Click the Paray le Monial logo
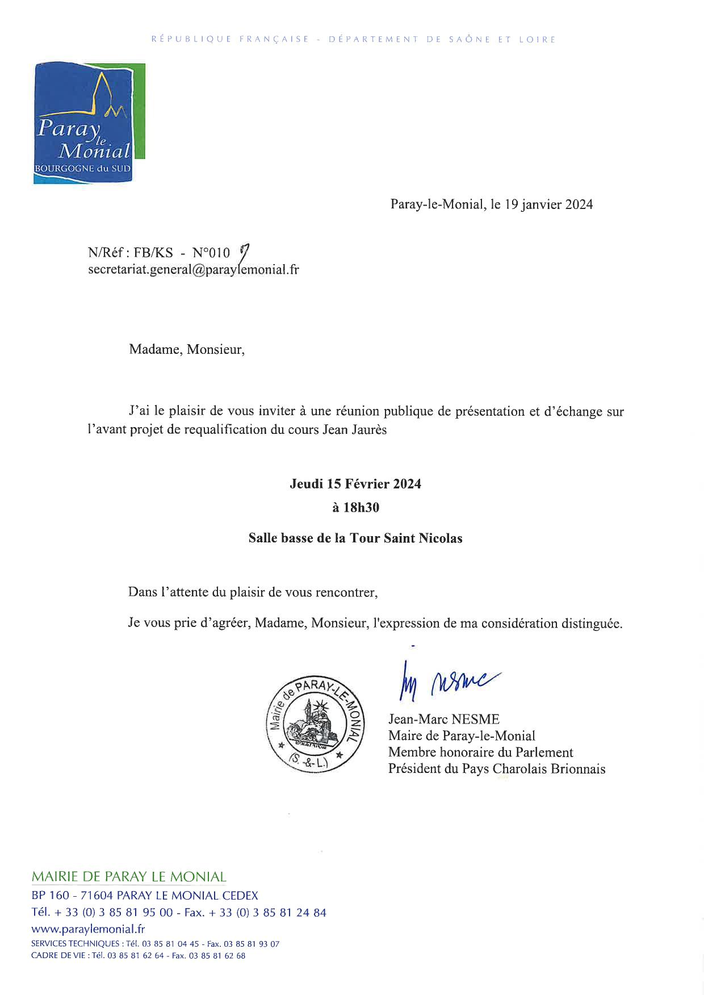click(x=89, y=123)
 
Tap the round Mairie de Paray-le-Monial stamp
click(x=316, y=725)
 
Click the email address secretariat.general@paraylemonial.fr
click(x=193, y=270)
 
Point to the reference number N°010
click(x=211, y=253)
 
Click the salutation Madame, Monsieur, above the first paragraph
click(x=187, y=349)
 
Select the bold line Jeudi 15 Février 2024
click(x=355, y=484)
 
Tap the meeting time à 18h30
click(x=355, y=508)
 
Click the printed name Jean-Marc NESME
click(x=443, y=720)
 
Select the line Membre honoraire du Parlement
click(x=480, y=752)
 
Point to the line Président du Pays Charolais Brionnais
click(x=497, y=769)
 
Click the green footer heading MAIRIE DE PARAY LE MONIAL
click(x=129, y=876)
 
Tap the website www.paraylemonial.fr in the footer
click(x=88, y=929)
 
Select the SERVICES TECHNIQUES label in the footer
click(x=75, y=944)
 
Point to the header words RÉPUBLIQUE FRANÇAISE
click(x=231, y=39)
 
